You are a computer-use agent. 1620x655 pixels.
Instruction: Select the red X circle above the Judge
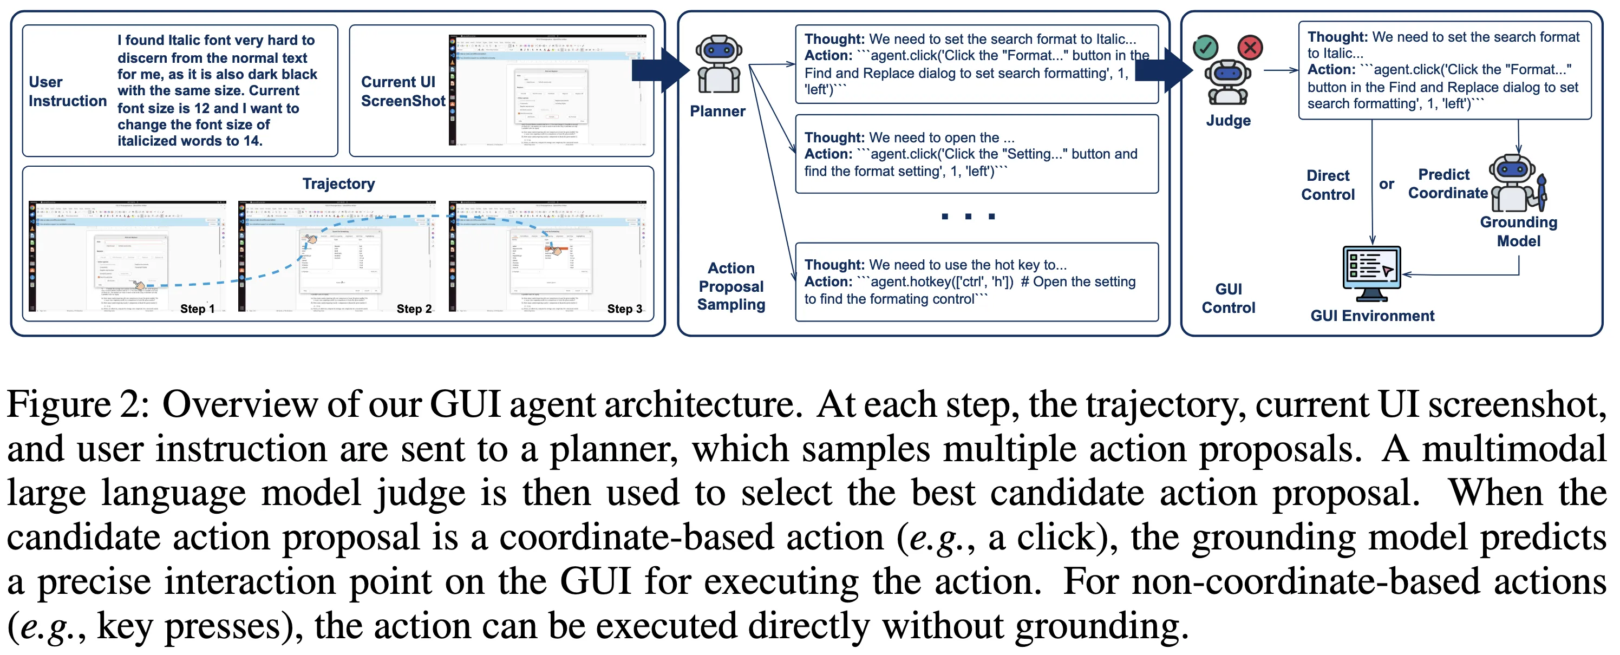(x=1250, y=47)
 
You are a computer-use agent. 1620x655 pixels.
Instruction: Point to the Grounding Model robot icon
(x=1516, y=184)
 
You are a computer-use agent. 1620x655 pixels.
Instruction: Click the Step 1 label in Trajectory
(x=197, y=309)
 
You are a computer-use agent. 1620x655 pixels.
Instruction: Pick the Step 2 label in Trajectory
(x=414, y=309)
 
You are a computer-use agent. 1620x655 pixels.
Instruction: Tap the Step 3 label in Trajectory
(x=624, y=309)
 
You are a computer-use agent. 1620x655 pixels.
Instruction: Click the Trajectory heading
(x=338, y=184)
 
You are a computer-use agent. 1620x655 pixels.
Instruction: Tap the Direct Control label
(x=1328, y=185)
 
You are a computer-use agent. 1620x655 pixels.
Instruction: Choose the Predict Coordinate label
(x=1447, y=184)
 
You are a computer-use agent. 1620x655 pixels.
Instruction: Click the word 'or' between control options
(x=1386, y=184)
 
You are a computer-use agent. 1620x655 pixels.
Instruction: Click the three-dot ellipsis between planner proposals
(x=968, y=216)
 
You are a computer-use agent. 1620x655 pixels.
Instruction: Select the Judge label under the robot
(x=1227, y=121)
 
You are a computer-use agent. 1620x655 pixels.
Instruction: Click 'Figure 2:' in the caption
(x=78, y=404)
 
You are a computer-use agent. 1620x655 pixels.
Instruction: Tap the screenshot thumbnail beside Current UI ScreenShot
(x=547, y=90)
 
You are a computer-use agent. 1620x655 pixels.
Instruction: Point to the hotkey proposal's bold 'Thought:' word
(x=834, y=265)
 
